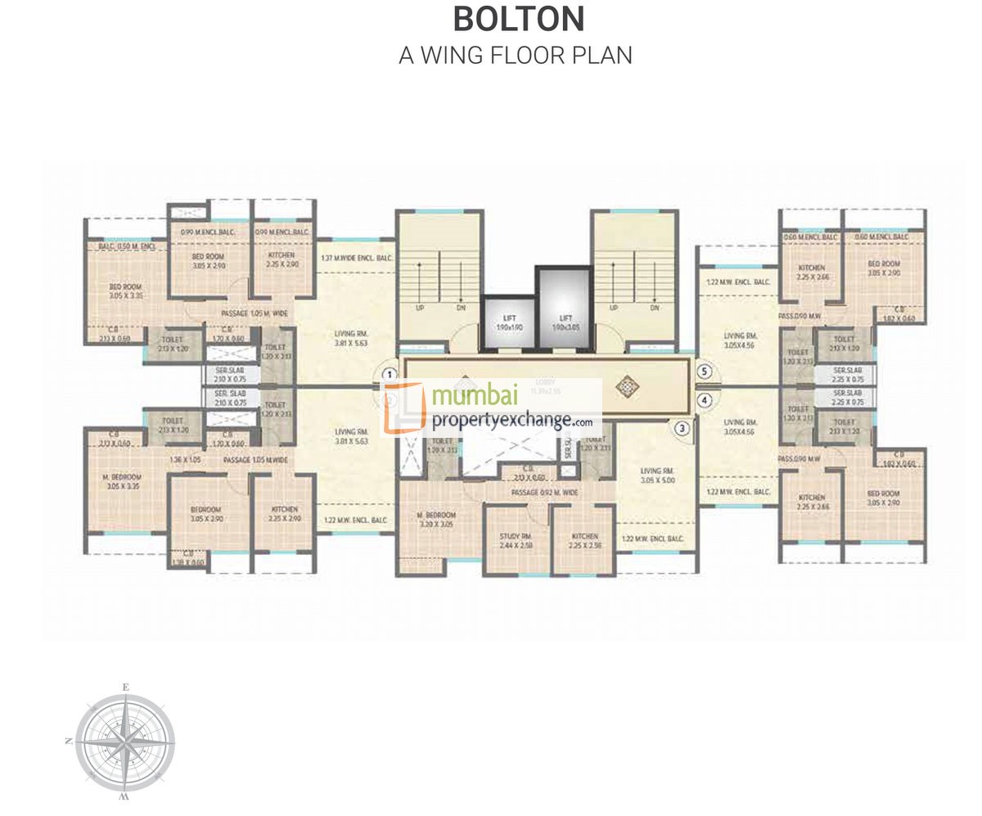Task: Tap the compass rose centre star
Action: pyautogui.click(x=125, y=742)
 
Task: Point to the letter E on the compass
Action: pyautogui.click(x=125, y=687)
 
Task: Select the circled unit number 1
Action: pyautogui.click(x=390, y=374)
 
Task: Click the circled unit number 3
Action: pyautogui.click(x=682, y=426)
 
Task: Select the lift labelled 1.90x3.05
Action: pyautogui.click(x=564, y=321)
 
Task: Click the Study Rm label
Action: pyautogui.click(x=516, y=541)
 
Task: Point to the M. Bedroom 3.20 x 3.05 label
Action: pyautogui.click(x=435, y=520)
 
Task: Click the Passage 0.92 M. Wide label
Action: pyautogui.click(x=544, y=493)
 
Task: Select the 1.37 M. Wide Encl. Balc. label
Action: pyautogui.click(x=358, y=259)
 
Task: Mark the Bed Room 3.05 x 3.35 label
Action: pyautogui.click(x=125, y=291)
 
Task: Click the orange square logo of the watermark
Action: pyautogui.click(x=404, y=408)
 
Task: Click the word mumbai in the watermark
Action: pyautogui.click(x=475, y=397)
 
